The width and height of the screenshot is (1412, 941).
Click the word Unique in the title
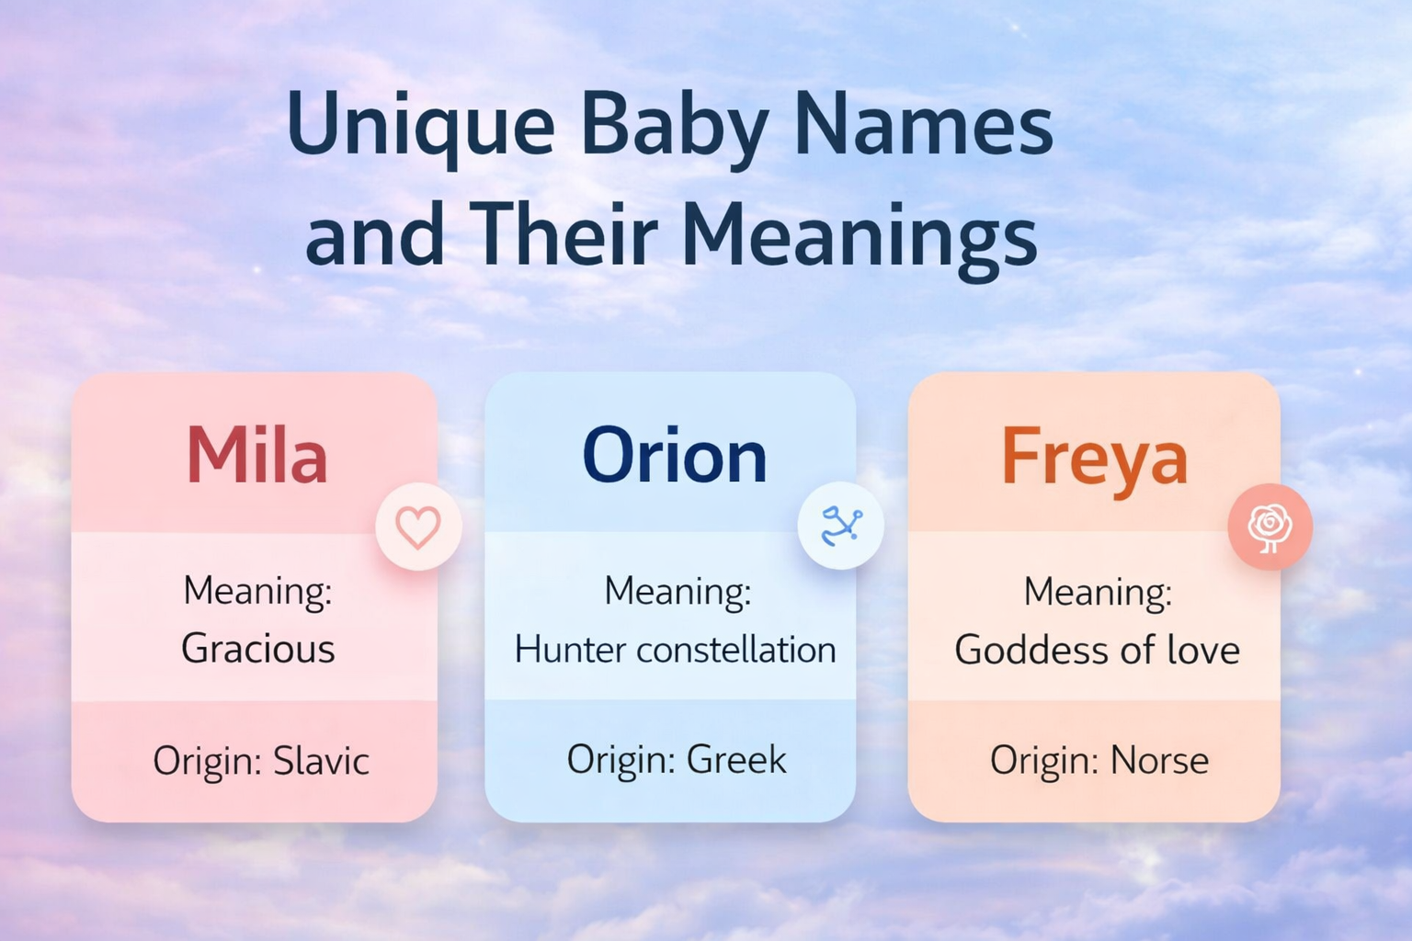pos(420,126)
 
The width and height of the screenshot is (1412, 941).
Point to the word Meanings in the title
pos(859,235)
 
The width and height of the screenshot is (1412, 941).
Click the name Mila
pos(256,456)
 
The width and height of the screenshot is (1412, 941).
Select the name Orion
pos(674,456)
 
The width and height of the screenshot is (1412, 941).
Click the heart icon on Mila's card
pos(418,527)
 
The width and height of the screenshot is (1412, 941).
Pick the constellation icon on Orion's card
pos(840,527)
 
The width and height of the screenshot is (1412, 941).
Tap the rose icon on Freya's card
pos(1270,527)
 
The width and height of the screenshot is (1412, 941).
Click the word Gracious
pos(257,649)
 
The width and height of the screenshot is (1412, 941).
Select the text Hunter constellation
pos(675,650)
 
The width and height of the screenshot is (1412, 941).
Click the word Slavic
pos(321,761)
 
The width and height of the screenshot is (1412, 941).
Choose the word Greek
pos(736,760)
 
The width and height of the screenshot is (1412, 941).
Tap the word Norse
pos(1159,761)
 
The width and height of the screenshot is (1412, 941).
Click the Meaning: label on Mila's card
pos(257,591)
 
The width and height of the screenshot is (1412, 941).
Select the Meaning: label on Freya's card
pos(1098,592)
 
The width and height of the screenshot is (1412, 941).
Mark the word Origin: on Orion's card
pos(621,760)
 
